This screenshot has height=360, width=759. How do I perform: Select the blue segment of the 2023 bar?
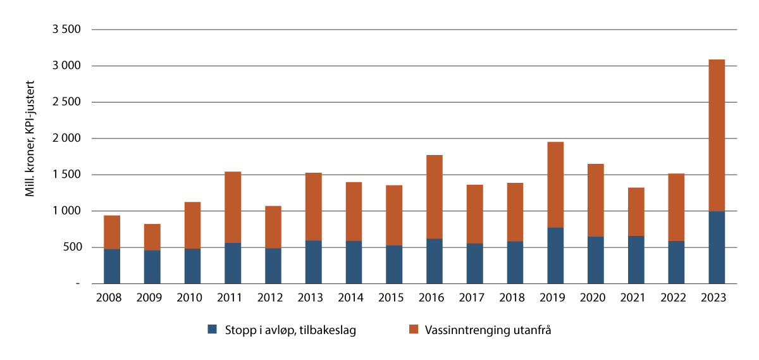click(716, 247)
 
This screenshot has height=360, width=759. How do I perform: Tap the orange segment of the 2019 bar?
click(555, 184)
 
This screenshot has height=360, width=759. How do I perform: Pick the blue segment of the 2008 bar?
click(112, 266)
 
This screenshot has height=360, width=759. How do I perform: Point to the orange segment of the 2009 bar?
click(152, 237)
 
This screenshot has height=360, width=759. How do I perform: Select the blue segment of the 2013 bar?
click(313, 262)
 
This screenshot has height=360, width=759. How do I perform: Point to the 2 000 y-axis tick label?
click(68, 139)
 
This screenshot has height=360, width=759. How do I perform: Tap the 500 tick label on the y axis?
click(72, 247)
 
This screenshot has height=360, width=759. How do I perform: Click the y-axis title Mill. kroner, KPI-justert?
click(30, 139)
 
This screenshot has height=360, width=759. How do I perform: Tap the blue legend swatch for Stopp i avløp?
click(212, 330)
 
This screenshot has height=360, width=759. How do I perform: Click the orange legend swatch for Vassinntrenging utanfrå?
click(414, 330)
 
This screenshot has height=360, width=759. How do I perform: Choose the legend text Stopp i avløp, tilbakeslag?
click(289, 330)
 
